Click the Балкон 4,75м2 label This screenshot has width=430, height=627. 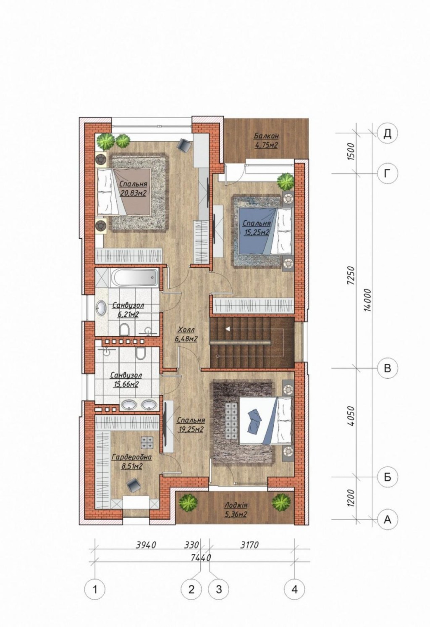266,140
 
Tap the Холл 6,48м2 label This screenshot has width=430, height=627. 186,334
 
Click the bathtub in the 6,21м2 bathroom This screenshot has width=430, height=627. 135,277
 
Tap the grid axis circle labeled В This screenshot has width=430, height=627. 387,368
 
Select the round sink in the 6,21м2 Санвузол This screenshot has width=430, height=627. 101,308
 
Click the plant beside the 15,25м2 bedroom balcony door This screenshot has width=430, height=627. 286,182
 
